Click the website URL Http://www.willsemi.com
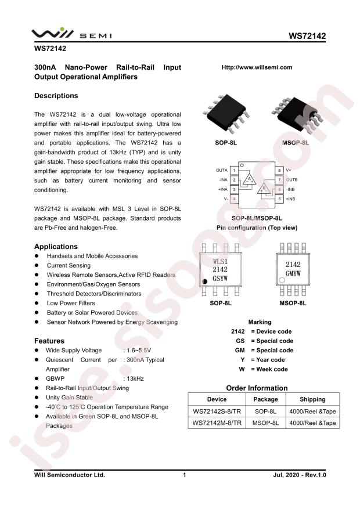(x=257, y=67)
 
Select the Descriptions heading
(x=56, y=96)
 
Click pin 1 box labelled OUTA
(x=233, y=170)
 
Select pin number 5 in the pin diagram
(x=279, y=199)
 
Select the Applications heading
(x=56, y=246)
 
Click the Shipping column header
(x=312, y=399)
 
